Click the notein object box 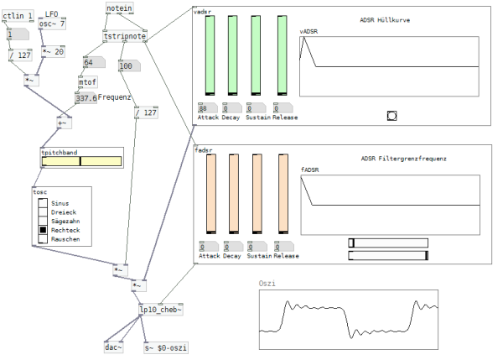pos(118,8)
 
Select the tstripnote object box pos(124,37)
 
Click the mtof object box pos(87,82)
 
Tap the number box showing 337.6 pos(86,98)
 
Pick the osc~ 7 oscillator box pos(52,24)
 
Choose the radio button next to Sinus pos(43,202)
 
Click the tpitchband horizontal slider pos(80,161)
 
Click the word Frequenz pos(116,97)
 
